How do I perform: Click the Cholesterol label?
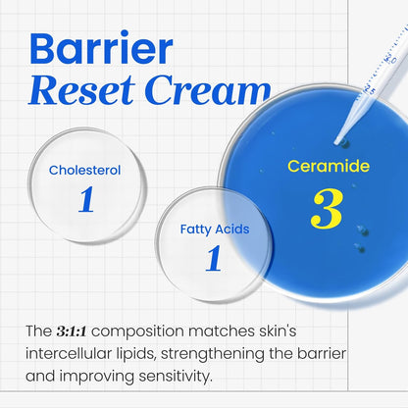(85, 170)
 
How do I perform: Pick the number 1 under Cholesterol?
(85, 199)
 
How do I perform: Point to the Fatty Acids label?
(214, 229)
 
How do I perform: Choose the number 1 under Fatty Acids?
(214, 258)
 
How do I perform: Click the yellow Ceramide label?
(329, 166)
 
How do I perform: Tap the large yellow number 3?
(327, 209)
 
